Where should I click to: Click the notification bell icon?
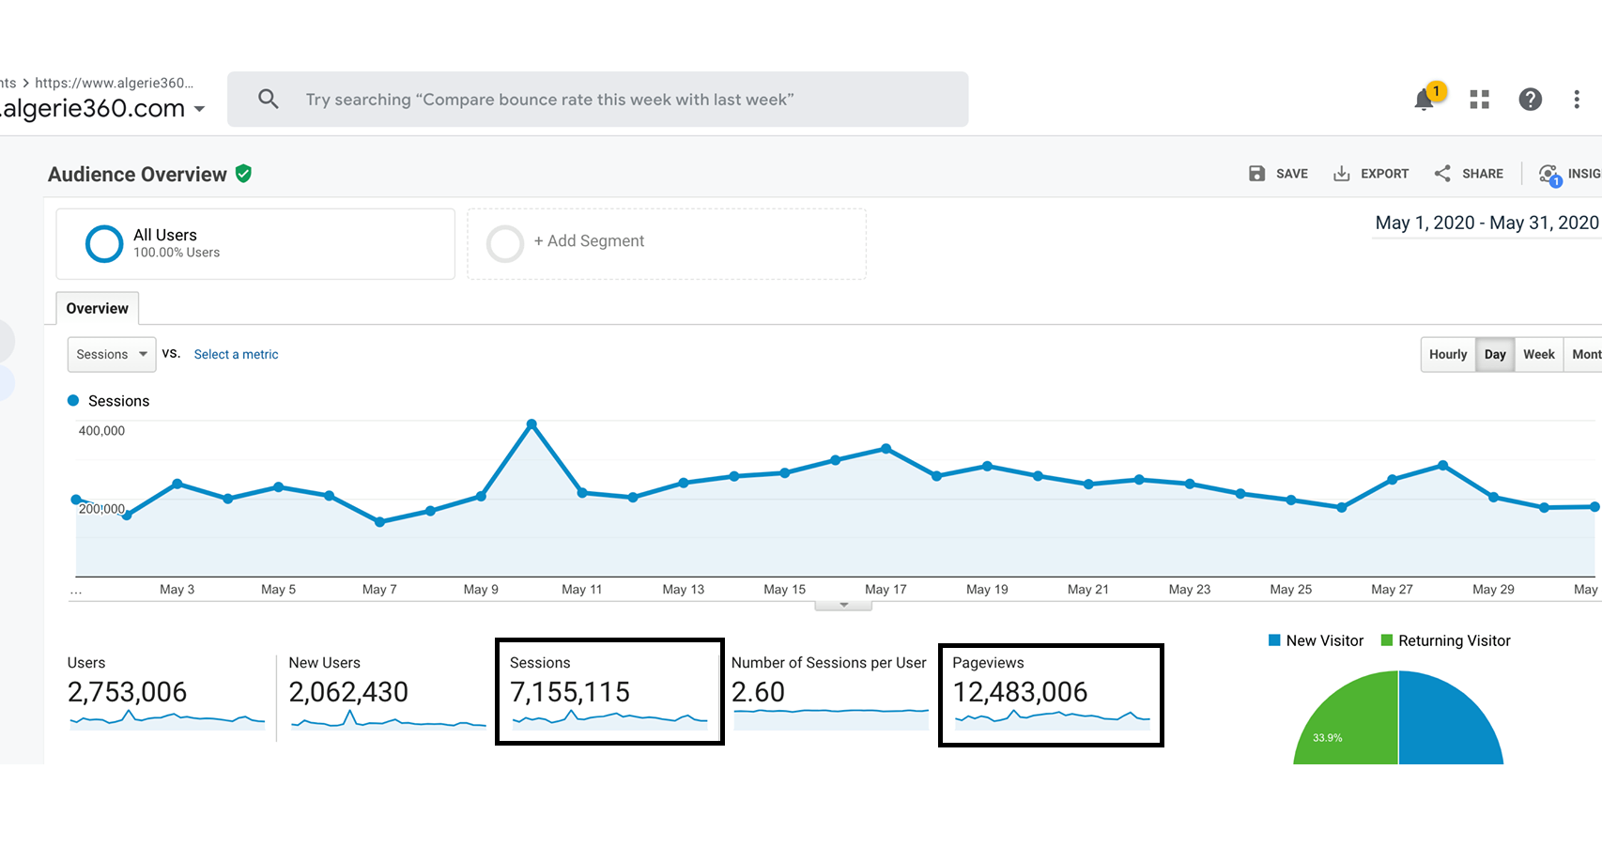1424,100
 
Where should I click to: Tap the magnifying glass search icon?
269,99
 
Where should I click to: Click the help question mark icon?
1530,100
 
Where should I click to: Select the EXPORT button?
1371,174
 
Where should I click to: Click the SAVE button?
1278,174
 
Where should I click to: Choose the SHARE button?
1469,174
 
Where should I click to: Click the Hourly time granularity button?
1447,354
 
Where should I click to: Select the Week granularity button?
1538,354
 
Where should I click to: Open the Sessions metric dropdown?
112,354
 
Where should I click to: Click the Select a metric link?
236,354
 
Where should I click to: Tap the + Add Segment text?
589,241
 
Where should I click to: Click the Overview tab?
98,308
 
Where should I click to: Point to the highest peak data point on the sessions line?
531,424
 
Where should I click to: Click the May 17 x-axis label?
886,590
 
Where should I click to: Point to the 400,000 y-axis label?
101,431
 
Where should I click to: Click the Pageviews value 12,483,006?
1020,692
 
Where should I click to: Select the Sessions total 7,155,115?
570,692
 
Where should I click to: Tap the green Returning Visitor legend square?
1387,640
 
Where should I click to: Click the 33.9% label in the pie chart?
1328,737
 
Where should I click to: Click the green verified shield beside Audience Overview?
244,174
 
